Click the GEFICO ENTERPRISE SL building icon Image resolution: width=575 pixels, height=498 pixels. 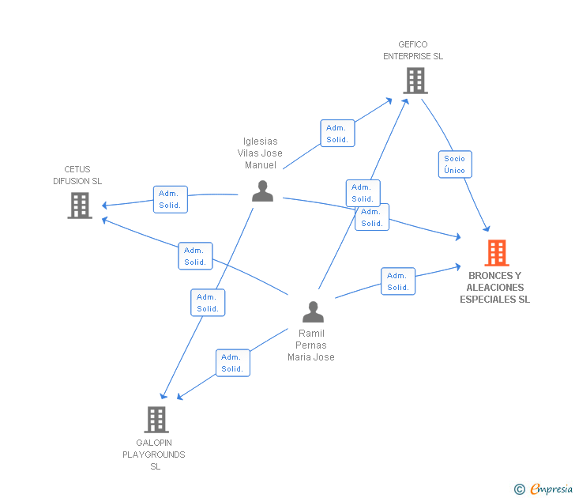pyautogui.click(x=415, y=80)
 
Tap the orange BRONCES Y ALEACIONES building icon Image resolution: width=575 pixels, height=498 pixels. pyautogui.click(x=496, y=253)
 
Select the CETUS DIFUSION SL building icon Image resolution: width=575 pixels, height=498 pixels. pyautogui.click(x=79, y=205)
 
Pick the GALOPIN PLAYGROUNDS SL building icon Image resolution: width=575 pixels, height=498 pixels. pyautogui.click(x=156, y=419)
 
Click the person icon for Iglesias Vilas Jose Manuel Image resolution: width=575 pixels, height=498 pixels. pyautogui.click(x=262, y=191)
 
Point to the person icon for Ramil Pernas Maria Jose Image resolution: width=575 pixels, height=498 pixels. pyautogui.click(x=314, y=311)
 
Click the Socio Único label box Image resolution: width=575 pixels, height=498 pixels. pyautogui.click(x=454, y=164)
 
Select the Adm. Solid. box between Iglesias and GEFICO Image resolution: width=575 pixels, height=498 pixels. pyautogui.click(x=337, y=134)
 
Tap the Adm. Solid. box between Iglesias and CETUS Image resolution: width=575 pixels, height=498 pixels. pyautogui.click(x=170, y=199)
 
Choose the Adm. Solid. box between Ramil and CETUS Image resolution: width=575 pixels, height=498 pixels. pyautogui.click(x=195, y=256)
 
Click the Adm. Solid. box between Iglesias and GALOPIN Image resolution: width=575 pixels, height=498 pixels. pyautogui.click(x=208, y=303)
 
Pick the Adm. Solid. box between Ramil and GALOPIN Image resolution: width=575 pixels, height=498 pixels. pyautogui.click(x=232, y=363)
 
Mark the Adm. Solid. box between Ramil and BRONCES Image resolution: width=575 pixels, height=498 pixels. pyautogui.click(x=398, y=281)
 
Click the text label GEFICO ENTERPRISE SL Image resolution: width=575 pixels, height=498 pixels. pyautogui.click(x=413, y=51)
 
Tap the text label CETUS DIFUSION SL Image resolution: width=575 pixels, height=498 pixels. pyautogui.click(x=77, y=175)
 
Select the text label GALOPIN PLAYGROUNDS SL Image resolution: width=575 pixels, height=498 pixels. pyautogui.click(x=154, y=455)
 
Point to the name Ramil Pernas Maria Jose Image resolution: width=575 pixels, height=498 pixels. pyautogui.click(x=311, y=345)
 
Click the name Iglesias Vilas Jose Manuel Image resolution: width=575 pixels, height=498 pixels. pyautogui.click(x=260, y=153)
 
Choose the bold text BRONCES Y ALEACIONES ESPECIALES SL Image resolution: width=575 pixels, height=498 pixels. pyautogui.click(x=495, y=288)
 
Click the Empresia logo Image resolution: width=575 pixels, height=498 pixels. pyautogui.click(x=544, y=489)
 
